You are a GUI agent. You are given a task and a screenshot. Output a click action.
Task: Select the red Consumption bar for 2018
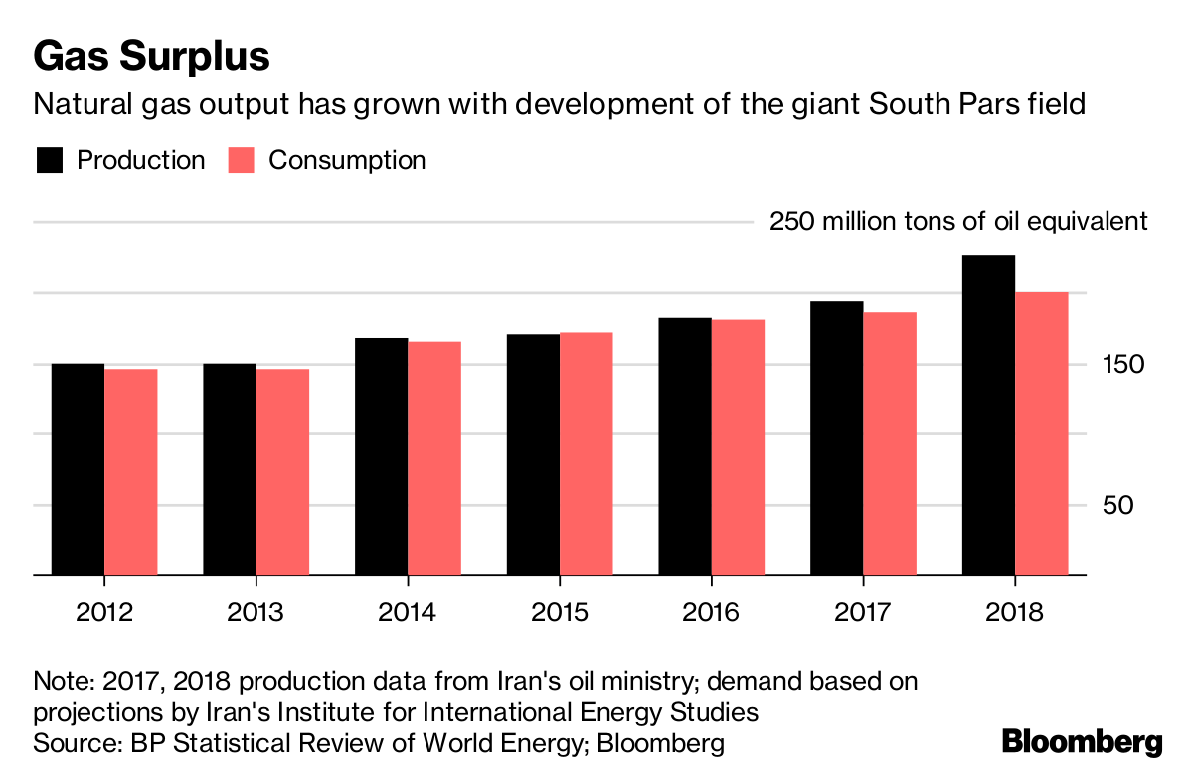pos(1041,433)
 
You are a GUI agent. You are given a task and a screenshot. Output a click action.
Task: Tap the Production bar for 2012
pos(78,469)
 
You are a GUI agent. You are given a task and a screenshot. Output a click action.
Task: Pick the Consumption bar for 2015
pos(586,453)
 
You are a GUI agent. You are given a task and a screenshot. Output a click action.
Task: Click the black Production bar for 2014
pos(382,456)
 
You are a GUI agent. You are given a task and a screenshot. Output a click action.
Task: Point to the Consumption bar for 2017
pos(889,443)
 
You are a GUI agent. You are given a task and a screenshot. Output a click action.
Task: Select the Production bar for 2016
pos(685,446)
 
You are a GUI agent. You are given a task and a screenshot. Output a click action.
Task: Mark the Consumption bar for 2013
pos(282,472)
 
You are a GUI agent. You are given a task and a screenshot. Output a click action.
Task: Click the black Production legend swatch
pos(50,161)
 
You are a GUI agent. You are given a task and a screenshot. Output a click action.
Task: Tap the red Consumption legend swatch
pos(243,161)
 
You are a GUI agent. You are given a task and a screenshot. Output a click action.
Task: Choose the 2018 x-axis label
pos(1015,611)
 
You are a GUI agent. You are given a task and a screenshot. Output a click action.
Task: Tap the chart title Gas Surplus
pos(151,57)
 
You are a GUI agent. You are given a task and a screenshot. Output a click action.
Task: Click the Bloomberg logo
pos(1082,742)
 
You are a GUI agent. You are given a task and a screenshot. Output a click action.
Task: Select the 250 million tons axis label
pos(958,222)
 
